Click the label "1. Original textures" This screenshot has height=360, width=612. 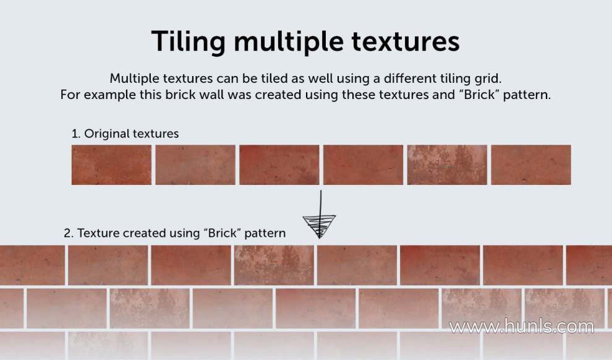(125, 134)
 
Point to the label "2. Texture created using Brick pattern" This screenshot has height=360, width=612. (174, 233)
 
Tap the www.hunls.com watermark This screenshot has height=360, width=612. (522, 327)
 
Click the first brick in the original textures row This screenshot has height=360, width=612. (111, 165)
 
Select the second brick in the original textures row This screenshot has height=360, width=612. (195, 165)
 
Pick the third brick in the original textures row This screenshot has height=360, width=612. (279, 165)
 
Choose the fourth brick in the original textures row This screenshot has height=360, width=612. (363, 165)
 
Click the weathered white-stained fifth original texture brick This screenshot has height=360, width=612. (447, 165)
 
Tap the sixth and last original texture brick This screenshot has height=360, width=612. (531, 165)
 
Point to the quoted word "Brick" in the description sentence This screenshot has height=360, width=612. (478, 95)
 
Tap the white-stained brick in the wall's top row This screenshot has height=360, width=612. (274, 265)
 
